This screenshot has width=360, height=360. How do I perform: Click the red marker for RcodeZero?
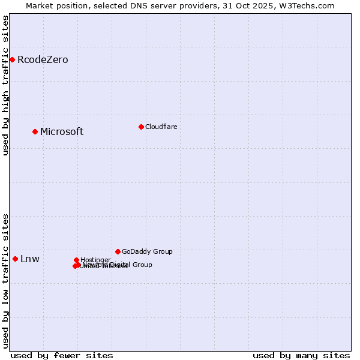click(x=12, y=59)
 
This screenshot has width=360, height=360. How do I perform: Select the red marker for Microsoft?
click(x=35, y=131)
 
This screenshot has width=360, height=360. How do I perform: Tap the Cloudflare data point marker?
click(x=141, y=127)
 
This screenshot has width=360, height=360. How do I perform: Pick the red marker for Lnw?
click(x=15, y=259)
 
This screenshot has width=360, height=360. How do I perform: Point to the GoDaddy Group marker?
click(x=118, y=251)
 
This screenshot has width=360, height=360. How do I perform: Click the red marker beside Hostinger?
click(x=76, y=260)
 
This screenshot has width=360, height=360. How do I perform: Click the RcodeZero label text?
click(x=43, y=59)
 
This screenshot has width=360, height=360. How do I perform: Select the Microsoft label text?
click(x=62, y=131)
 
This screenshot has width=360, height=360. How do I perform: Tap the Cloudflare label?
click(x=161, y=127)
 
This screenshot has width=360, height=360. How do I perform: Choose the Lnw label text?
click(x=30, y=259)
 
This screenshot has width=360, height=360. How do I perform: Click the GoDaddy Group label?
click(x=147, y=251)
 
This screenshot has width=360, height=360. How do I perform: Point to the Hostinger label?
click(x=95, y=260)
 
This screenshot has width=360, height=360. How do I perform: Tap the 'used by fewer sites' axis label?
click(x=62, y=355)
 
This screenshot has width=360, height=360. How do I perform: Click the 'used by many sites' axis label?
click(x=301, y=355)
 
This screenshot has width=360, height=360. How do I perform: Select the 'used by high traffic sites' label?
click(x=5, y=85)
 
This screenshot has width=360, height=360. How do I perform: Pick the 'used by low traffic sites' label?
click(x=5, y=281)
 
